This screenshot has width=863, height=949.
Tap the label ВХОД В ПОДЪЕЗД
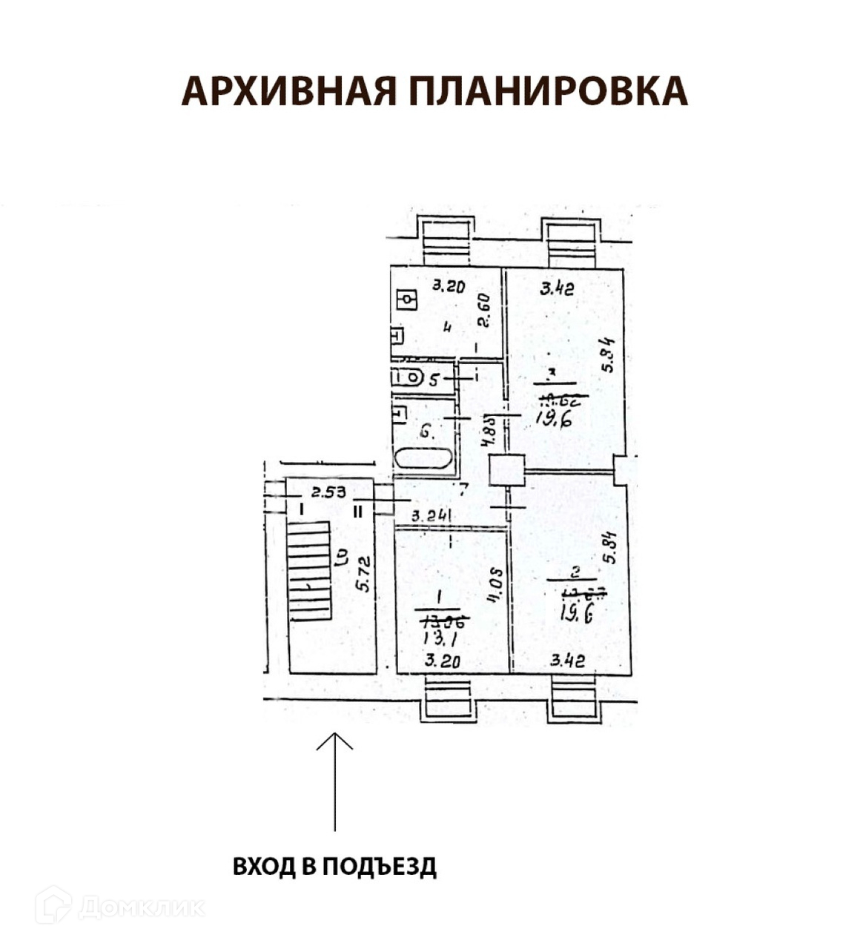point(334,866)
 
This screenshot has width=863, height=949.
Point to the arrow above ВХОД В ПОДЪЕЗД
point(334,778)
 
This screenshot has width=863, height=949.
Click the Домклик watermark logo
point(119,905)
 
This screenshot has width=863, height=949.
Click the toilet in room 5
point(406,377)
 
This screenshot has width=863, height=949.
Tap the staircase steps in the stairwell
point(309,570)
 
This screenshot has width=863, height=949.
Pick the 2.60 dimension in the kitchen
point(483,311)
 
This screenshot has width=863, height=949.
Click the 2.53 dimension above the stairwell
point(328,491)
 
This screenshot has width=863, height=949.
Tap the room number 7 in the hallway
point(463,489)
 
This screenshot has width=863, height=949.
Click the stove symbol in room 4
point(407,300)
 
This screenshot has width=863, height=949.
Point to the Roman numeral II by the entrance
point(357,511)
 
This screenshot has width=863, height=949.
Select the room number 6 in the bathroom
point(426,429)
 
